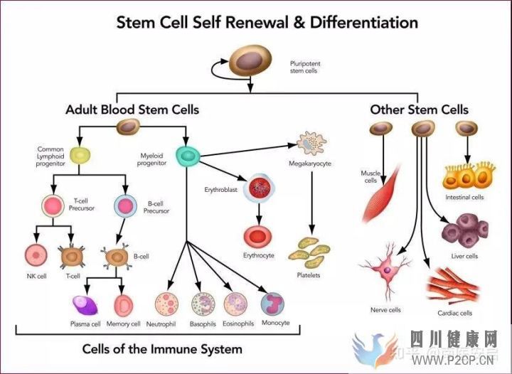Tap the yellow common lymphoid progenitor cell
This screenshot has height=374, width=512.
80,154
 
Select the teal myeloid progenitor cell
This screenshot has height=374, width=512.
188,154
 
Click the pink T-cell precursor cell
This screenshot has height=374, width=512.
53,206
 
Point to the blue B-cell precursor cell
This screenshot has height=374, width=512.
126,206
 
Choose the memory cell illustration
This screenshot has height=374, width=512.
124,305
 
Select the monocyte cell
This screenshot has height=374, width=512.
273,304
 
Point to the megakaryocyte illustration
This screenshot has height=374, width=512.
311,143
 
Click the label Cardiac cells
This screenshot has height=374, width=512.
455,312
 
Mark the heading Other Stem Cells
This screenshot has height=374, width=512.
419,109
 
